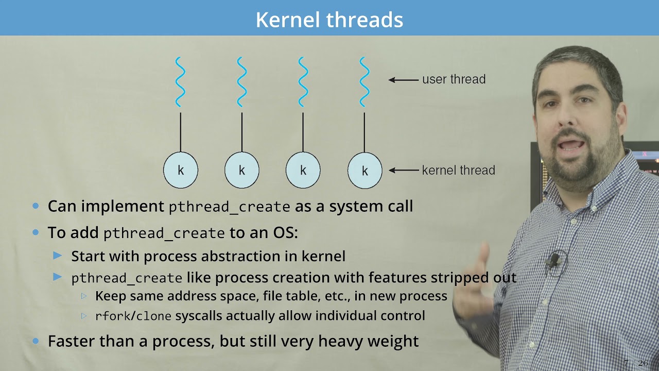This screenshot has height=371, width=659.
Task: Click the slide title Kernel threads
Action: tap(329, 20)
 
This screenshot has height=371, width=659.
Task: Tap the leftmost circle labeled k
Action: tap(180, 170)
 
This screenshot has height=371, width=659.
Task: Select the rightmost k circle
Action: tap(365, 170)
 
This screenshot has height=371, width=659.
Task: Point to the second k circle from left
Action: tap(241, 170)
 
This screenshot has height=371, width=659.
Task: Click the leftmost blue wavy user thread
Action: tap(180, 82)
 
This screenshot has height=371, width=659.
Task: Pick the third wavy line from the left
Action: tap(303, 82)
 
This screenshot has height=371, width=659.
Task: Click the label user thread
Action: tap(454, 79)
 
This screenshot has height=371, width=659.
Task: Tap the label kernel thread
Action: tap(458, 170)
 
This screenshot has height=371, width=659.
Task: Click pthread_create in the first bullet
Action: tap(229, 207)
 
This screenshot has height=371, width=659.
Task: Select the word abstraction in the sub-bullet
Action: tap(249, 256)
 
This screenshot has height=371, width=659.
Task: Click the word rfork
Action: tap(113, 316)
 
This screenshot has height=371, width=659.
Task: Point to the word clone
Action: tap(153, 316)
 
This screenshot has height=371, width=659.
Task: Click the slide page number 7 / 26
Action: tap(635, 363)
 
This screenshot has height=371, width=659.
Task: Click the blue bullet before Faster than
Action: tap(36, 341)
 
